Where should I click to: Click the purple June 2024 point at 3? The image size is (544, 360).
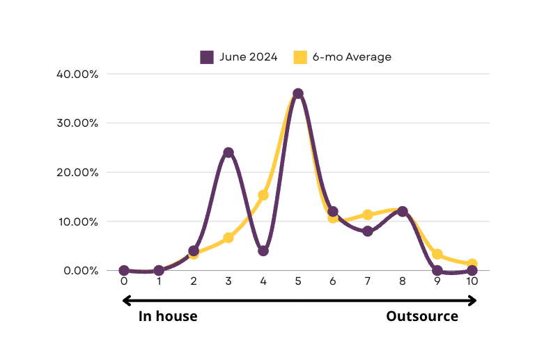point(228,152)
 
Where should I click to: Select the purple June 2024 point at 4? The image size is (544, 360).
point(263,251)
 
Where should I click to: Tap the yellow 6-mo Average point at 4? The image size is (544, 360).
point(263,195)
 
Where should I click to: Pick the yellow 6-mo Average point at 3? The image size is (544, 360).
point(228,237)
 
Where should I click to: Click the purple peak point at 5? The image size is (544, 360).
point(298,93)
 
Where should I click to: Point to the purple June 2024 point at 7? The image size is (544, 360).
point(367,231)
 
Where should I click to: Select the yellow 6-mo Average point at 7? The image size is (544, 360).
point(367,214)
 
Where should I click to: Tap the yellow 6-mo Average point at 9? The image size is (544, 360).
point(437,254)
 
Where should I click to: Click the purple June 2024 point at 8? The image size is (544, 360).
point(403,211)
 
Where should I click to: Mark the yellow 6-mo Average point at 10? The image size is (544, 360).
point(472,264)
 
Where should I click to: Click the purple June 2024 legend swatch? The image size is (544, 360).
point(207,57)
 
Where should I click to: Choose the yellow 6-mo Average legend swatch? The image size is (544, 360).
point(300,57)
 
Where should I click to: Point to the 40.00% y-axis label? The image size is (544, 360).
point(77,75)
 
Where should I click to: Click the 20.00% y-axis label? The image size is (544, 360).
point(77,173)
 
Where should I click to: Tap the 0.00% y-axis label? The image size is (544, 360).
point(81,270)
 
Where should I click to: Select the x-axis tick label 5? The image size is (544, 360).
point(298,281)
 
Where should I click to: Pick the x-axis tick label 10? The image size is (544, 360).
point(472,281)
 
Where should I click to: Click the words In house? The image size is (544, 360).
point(168,316)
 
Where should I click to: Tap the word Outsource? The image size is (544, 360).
point(422,316)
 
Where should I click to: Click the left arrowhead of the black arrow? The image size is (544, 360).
point(126,301)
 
